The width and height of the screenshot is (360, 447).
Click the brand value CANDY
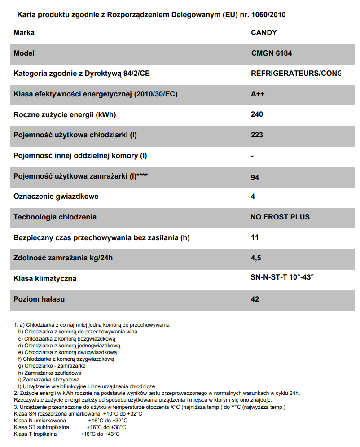point(263,32)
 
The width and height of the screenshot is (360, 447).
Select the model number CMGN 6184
point(272,53)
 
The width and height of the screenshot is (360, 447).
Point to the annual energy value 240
point(257,114)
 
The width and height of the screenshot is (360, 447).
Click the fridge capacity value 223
point(257,135)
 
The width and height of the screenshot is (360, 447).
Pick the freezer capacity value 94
point(255,178)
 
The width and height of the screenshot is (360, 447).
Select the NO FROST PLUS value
point(280,217)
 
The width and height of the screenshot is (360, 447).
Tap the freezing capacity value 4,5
point(256,258)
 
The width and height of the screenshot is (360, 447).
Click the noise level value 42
point(255,299)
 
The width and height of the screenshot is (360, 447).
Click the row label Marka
point(24,32)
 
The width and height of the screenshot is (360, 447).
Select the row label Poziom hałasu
point(39,299)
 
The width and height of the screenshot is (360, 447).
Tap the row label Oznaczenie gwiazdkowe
point(56,197)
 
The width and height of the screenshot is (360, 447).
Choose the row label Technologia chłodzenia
point(55,217)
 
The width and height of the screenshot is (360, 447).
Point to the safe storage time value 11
point(255,237)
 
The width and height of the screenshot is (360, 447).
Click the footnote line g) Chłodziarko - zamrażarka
point(52,366)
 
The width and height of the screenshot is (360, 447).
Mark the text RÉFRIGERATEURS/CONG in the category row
point(295,73)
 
